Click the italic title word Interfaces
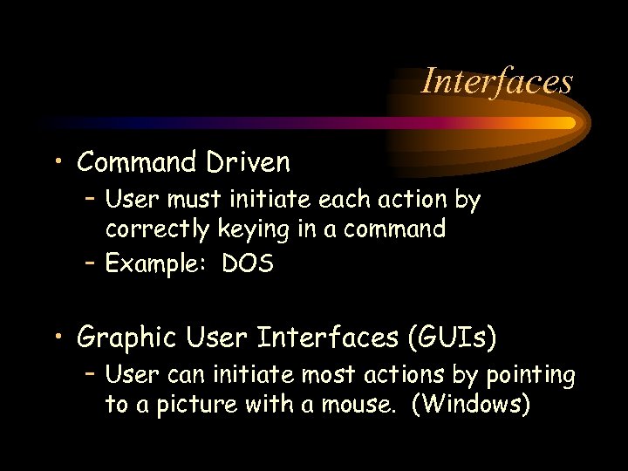click(496, 81)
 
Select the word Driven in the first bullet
click(249, 162)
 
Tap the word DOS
click(248, 264)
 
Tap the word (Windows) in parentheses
click(475, 406)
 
